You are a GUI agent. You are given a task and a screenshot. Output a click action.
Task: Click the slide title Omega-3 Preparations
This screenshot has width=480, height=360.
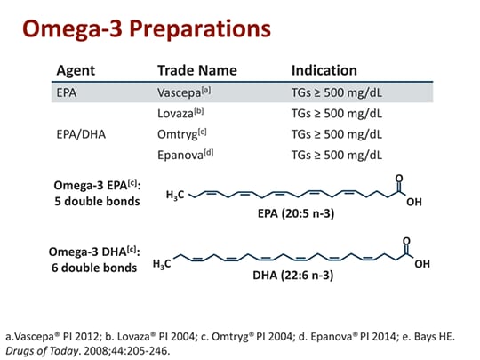[x=146, y=28]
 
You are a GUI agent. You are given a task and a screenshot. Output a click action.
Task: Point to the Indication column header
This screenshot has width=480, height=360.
[x=324, y=70]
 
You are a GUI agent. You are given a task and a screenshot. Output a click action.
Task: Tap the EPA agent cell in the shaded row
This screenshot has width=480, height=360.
[x=68, y=92]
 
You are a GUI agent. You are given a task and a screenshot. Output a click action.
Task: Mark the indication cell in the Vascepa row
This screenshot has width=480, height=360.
[x=337, y=92]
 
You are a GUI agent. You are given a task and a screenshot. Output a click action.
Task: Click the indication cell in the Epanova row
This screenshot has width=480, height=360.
[x=337, y=155]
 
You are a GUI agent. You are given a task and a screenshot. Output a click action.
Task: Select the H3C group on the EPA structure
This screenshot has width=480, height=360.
[x=177, y=196]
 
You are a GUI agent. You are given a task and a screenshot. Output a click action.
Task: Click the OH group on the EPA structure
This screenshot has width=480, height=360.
[x=413, y=201]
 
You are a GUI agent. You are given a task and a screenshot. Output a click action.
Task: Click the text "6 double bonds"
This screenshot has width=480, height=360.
[x=92, y=267]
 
